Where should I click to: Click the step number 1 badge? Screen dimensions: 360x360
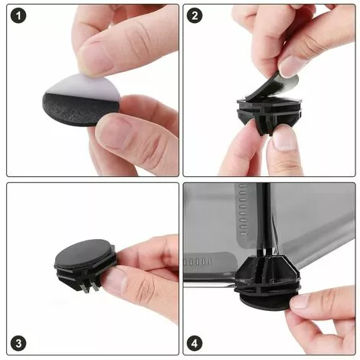click(x=18, y=16)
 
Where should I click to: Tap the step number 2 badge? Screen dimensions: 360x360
click(x=195, y=16)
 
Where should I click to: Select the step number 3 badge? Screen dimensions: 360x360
click(x=18, y=343)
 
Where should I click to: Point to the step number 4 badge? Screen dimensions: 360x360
click(x=195, y=343)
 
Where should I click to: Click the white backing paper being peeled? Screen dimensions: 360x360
click(x=84, y=87)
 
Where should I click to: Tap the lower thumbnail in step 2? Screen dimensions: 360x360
click(x=284, y=139)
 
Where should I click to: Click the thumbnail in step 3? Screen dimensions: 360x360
click(x=116, y=280)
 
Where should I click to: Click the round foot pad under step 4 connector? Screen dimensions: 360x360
click(x=267, y=301)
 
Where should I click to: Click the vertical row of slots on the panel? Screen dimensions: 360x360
click(x=244, y=209)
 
